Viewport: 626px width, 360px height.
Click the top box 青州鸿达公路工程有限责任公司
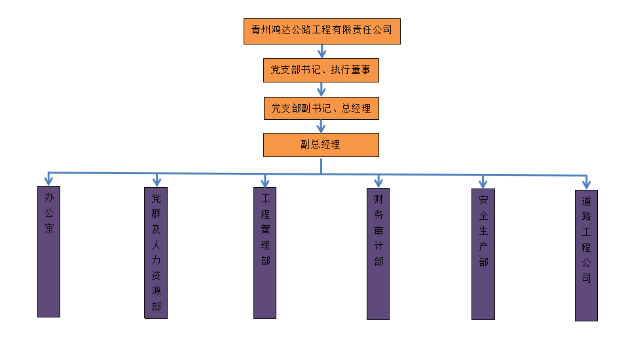click(x=322, y=31)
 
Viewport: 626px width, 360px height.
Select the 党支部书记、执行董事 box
click(x=321, y=70)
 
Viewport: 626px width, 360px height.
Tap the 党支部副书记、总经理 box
click(x=321, y=108)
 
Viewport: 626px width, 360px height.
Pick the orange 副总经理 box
click(x=321, y=145)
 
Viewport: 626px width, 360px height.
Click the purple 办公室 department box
click(x=49, y=251)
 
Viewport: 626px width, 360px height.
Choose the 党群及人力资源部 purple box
click(x=156, y=253)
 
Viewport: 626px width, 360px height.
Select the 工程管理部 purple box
click(x=265, y=253)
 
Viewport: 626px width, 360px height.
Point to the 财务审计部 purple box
click(x=378, y=253)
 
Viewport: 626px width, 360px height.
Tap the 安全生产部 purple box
click(x=483, y=254)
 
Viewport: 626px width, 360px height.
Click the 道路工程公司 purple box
click(x=586, y=255)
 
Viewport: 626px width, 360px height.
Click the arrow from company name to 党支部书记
click(x=322, y=51)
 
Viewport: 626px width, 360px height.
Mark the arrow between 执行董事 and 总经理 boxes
click(x=322, y=89)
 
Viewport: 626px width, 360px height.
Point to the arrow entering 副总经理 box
click(x=322, y=126)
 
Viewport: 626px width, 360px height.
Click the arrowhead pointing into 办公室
click(x=48, y=179)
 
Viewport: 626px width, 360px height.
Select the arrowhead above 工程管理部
click(x=265, y=181)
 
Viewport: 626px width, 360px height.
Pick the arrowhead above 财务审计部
click(x=378, y=181)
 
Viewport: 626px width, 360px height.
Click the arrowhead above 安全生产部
click(x=483, y=183)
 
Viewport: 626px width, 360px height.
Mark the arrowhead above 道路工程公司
click(x=587, y=183)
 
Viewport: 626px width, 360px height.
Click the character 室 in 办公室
click(x=49, y=228)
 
